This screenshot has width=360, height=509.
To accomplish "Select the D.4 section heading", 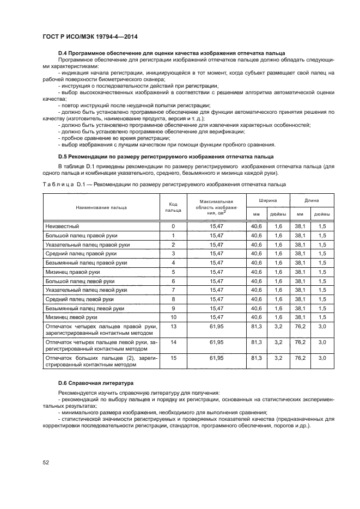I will click(170, 53).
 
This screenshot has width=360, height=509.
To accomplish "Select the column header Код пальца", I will click(173, 207).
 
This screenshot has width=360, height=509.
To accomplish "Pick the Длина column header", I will click(311, 200).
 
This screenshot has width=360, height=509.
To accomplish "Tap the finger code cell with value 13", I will click(173, 327).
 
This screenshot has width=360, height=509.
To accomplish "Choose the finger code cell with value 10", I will click(173, 317).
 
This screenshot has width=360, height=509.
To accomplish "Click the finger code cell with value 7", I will click(173, 290).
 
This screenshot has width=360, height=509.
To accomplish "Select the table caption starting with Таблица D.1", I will click(164, 184).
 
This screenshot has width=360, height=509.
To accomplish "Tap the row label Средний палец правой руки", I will click(81, 253).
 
